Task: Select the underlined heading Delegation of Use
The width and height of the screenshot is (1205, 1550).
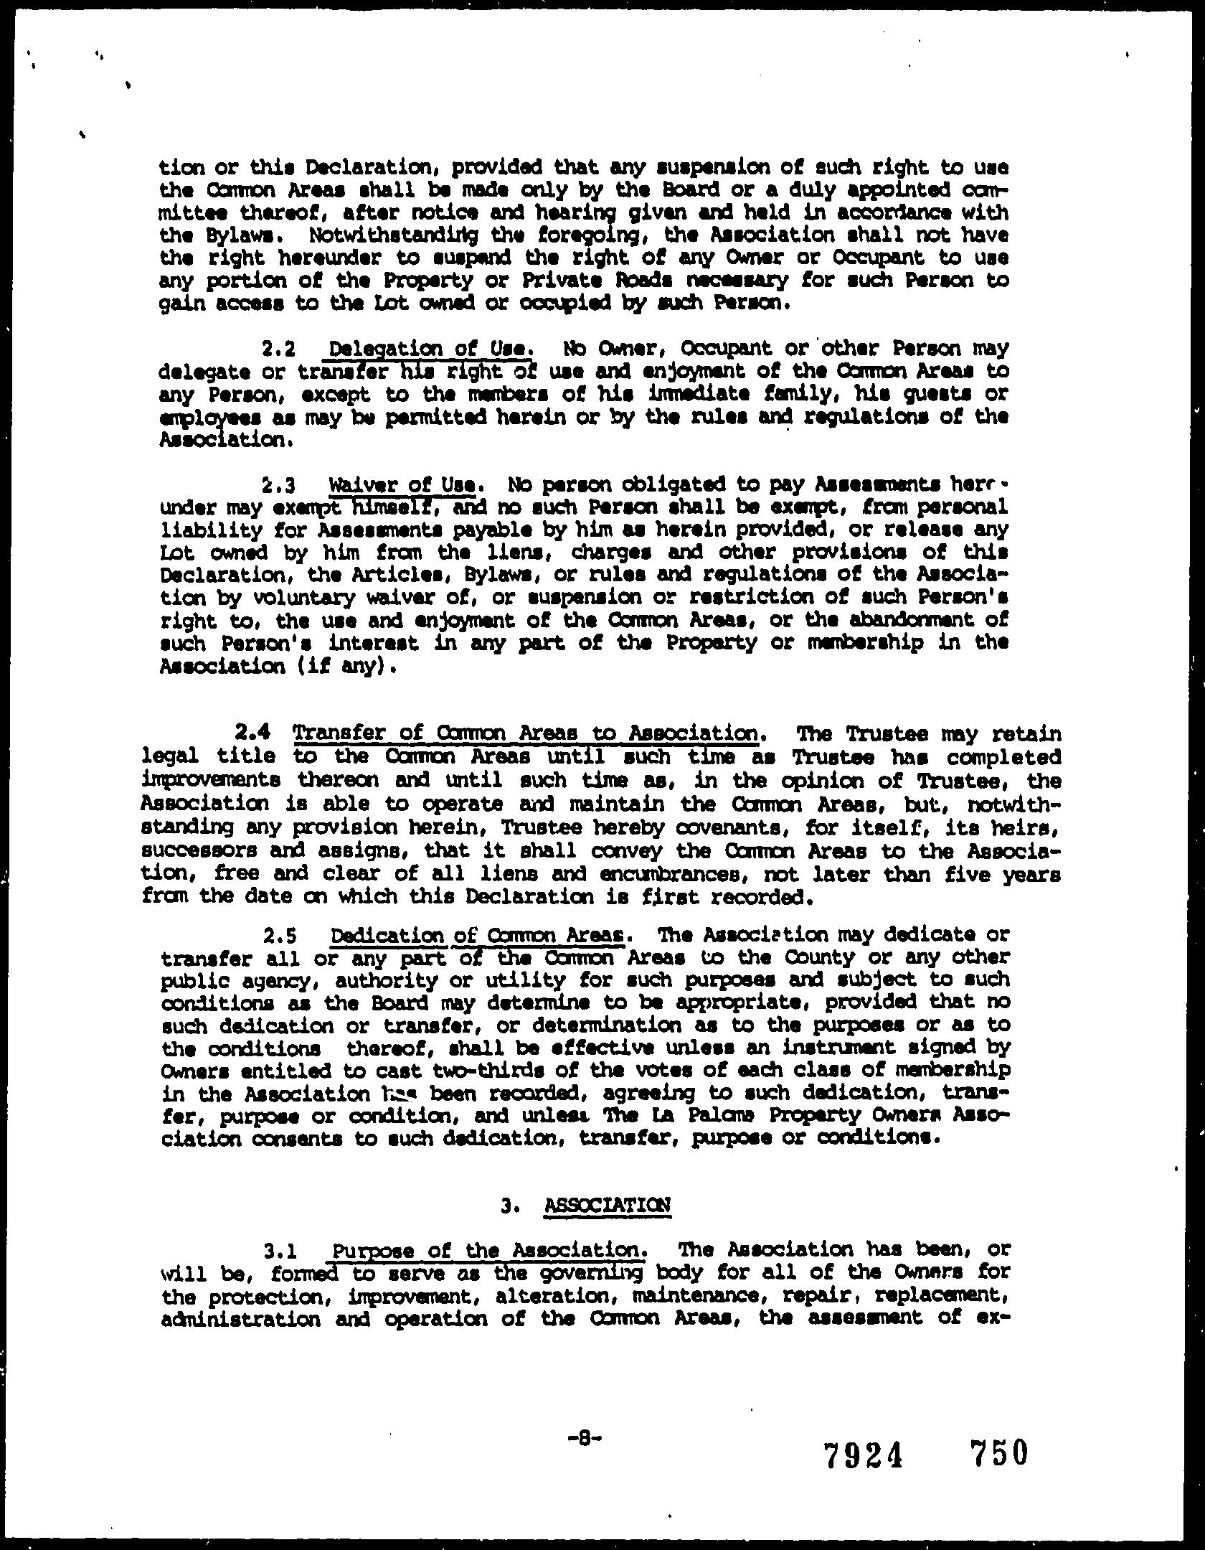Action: click(x=430, y=349)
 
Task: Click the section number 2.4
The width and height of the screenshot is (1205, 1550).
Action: click(x=253, y=734)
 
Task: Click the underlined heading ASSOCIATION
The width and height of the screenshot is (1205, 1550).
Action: click(x=607, y=1203)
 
